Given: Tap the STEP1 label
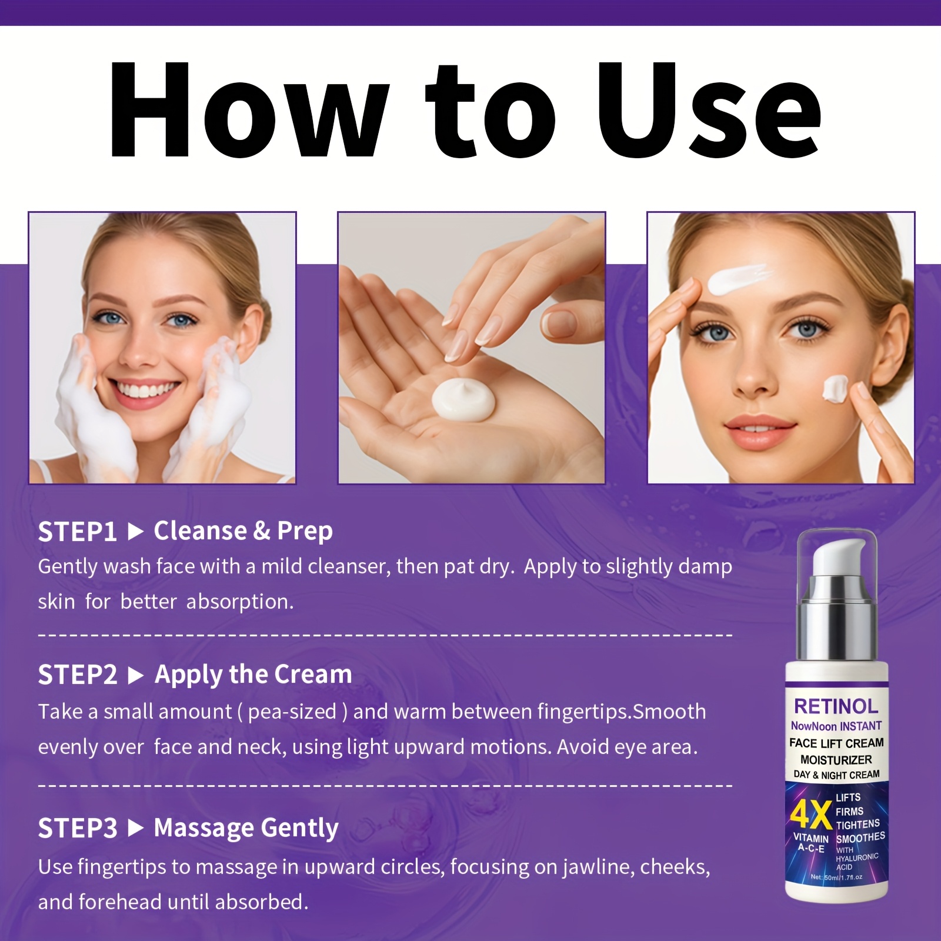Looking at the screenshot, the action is point(78,532).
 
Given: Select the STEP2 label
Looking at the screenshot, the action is point(78,675).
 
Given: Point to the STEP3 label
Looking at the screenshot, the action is point(78,829).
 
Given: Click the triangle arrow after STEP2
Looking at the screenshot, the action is point(136,676).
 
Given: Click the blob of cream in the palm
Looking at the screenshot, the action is point(463,399).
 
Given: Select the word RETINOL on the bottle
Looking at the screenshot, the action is point(836,706).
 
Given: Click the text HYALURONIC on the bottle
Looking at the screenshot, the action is point(857,858).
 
